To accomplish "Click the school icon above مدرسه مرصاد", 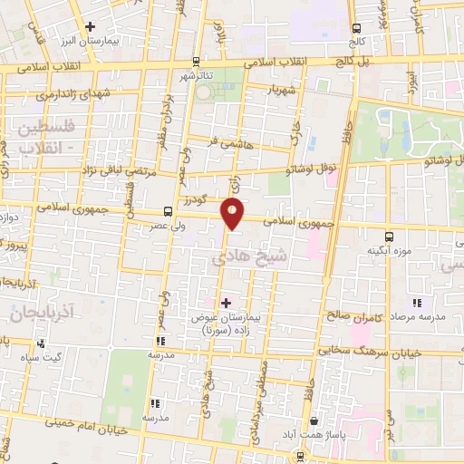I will [x=417, y=304].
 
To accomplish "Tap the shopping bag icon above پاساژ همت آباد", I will [x=314, y=421].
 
